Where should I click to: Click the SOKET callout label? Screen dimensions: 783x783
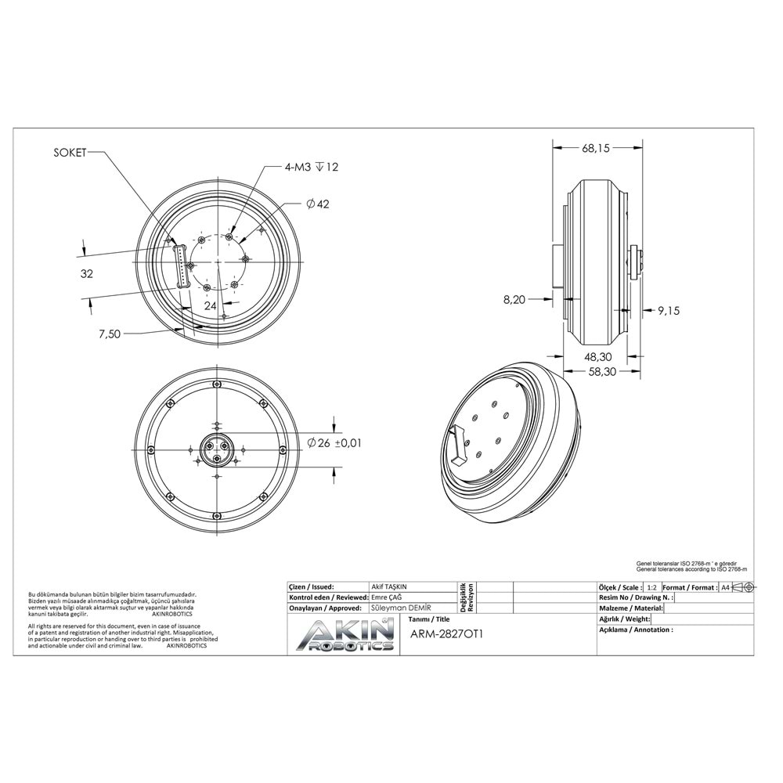pos(70,153)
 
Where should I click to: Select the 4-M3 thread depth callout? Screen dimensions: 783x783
pos(312,167)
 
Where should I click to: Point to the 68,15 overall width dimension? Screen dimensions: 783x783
pos(596,147)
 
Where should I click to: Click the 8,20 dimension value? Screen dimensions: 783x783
pos(515,299)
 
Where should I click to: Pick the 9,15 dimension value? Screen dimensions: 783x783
pos(669,311)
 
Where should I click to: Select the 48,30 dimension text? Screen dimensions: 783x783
pos(598,356)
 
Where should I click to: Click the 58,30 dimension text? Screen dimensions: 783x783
pos(598,372)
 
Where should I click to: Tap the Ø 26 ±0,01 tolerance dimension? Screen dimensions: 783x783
pos(335,443)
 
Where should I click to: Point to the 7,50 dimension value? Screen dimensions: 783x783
pos(110,334)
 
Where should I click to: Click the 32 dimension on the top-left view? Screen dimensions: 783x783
pos(87,274)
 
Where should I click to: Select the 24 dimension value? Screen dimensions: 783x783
pos(210,305)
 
